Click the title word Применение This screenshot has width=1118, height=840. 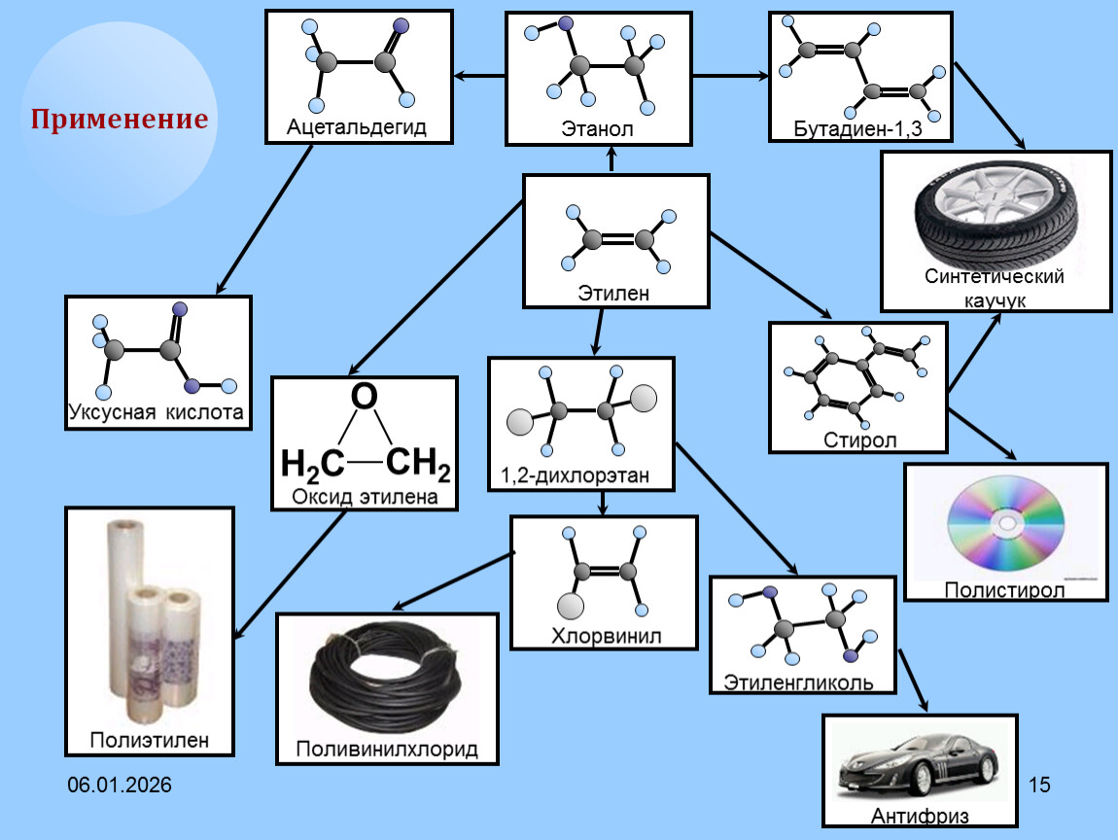tap(119, 120)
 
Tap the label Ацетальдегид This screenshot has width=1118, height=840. tap(357, 127)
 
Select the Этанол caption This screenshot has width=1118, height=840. tap(597, 128)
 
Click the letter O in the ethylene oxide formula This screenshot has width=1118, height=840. tap(363, 397)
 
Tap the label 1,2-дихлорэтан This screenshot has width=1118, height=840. tap(575, 475)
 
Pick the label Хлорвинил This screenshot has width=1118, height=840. tap(606, 637)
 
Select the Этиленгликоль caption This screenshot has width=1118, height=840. tap(797, 682)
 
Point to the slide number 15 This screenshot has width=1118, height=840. tap(1039, 784)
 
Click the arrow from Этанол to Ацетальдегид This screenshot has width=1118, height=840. tap(479, 75)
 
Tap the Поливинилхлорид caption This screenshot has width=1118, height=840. tap(387, 751)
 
